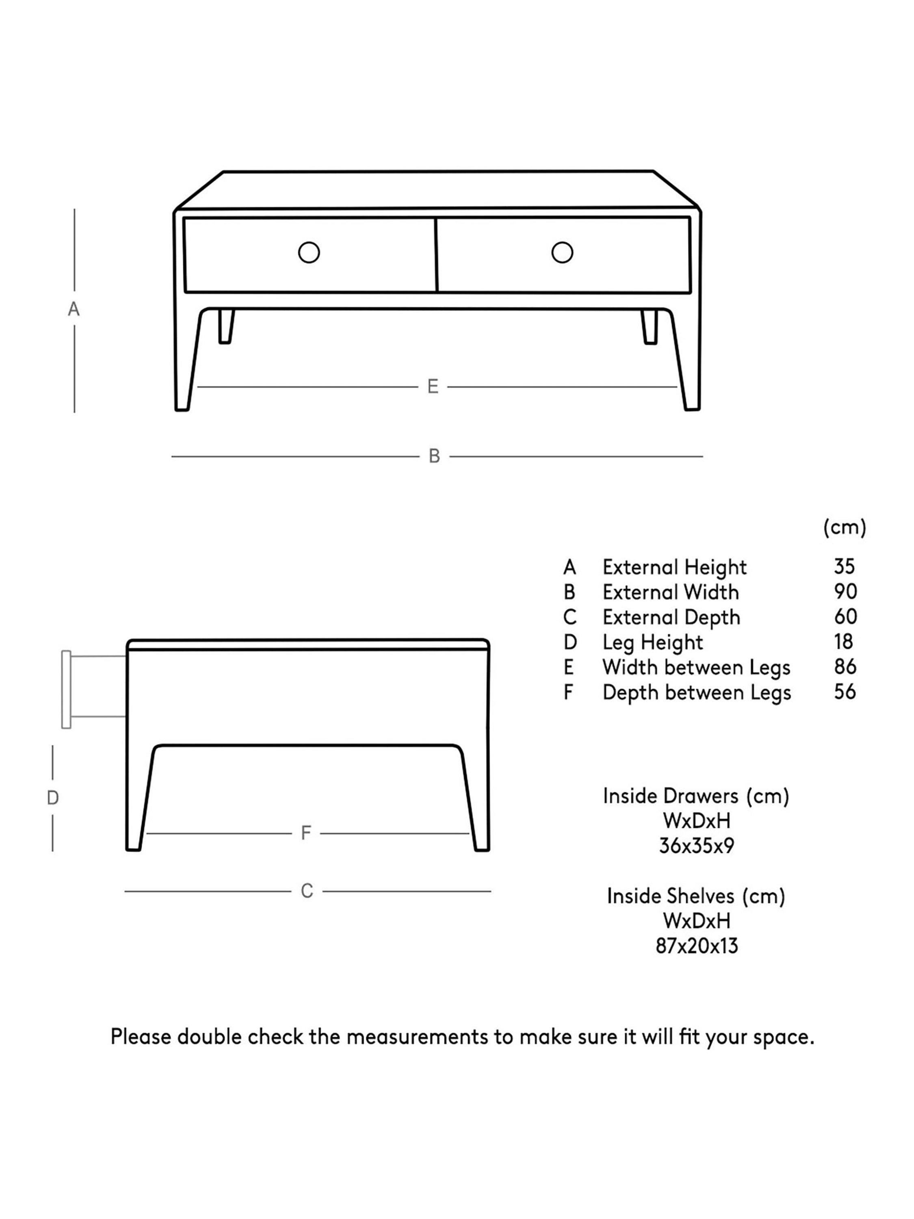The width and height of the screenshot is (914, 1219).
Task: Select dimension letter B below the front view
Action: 434,456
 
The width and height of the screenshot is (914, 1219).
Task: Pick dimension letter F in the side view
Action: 306,833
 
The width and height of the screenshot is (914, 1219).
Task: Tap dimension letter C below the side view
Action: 307,891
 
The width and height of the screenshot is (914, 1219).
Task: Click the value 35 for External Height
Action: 844,566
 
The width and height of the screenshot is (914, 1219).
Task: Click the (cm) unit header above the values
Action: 845,527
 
